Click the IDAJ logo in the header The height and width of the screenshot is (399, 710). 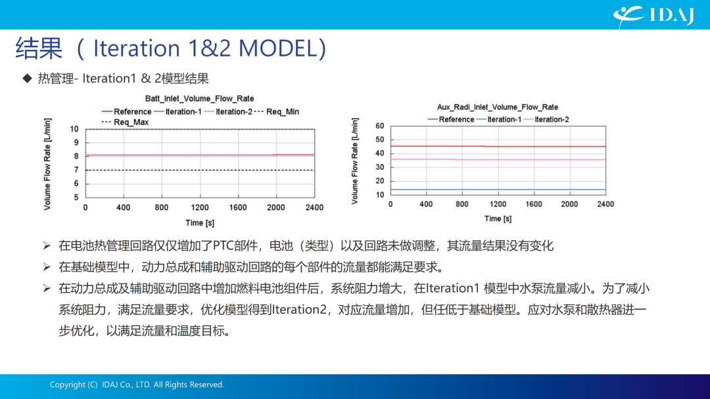tap(653, 16)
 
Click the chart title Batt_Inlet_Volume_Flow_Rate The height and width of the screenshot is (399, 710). tap(199, 98)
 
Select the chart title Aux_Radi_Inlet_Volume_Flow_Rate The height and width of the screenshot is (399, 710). tap(497, 107)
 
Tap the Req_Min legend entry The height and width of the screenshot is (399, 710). tap(277, 112)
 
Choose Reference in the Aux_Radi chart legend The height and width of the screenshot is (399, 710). tap(451, 119)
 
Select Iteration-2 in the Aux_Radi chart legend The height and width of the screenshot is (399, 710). tap(546, 119)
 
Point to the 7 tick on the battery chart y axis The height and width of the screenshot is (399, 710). tap(76, 170)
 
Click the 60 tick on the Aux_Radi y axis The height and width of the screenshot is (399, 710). tap(379, 126)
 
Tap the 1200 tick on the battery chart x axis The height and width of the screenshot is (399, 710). tap(200, 207)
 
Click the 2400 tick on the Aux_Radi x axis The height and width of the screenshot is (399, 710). tap(605, 204)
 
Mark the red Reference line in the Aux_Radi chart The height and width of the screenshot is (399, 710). tap(498, 146)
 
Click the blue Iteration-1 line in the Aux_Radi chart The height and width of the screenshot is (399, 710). tap(498, 190)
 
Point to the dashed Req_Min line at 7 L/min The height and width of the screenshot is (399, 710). tap(200, 170)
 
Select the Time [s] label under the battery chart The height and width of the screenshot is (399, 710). tap(200, 222)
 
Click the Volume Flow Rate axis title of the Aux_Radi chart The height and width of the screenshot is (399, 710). tap(354, 161)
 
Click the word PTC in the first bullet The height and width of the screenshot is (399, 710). tap(222, 246)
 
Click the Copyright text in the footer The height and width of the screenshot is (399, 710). tap(137, 385)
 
